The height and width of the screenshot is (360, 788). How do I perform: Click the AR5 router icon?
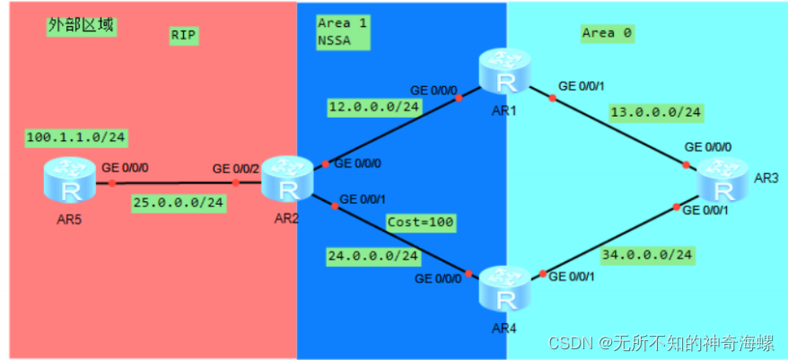coord(69,180)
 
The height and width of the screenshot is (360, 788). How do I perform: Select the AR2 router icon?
coord(288,179)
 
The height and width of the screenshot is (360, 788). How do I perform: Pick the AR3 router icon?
coord(723,179)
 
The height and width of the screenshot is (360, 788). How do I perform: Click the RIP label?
coord(183,36)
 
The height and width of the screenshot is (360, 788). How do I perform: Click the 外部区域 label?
coord(81,25)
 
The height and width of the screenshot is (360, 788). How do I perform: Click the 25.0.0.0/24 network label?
coord(178,202)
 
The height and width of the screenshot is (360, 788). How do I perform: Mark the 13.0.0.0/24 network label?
coord(656,112)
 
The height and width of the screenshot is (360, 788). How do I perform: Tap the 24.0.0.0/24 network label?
coord(373,256)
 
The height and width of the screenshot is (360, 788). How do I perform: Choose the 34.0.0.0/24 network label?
coord(649,255)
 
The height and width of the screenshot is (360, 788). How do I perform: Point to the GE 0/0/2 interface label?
coord(236,168)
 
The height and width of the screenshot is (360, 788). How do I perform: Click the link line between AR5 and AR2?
coord(175,183)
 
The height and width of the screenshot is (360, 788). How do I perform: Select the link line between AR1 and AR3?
coord(610,126)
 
